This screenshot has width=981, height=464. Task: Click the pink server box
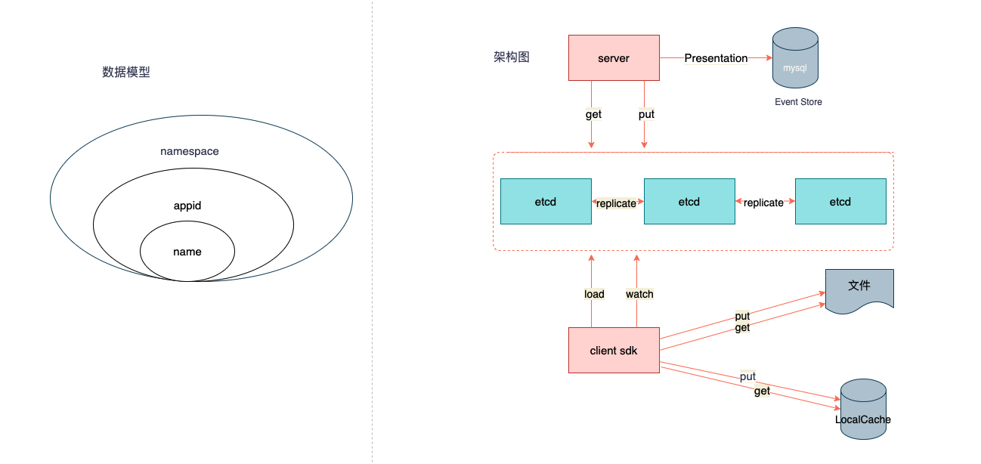point(613,57)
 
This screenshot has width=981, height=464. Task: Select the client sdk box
point(613,350)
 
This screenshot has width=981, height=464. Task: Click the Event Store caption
point(798,102)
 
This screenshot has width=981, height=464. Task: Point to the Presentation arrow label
point(716,58)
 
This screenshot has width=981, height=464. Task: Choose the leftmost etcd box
point(546,202)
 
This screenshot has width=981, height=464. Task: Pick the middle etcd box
point(689,202)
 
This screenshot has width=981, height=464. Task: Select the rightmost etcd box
point(840,202)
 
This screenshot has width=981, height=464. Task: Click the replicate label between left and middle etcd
point(616,203)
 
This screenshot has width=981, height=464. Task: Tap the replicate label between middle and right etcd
point(763,203)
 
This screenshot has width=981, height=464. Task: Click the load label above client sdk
point(594,294)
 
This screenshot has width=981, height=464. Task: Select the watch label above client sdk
point(639,294)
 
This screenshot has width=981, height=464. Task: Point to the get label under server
point(593,115)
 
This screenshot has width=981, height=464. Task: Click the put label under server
point(646,114)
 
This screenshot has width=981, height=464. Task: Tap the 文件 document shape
point(859,287)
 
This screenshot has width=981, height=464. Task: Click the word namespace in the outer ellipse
point(190,151)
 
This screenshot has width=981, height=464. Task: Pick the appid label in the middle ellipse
point(187,205)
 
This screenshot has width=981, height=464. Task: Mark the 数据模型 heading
point(126,73)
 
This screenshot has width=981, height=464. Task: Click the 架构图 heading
point(512,57)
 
